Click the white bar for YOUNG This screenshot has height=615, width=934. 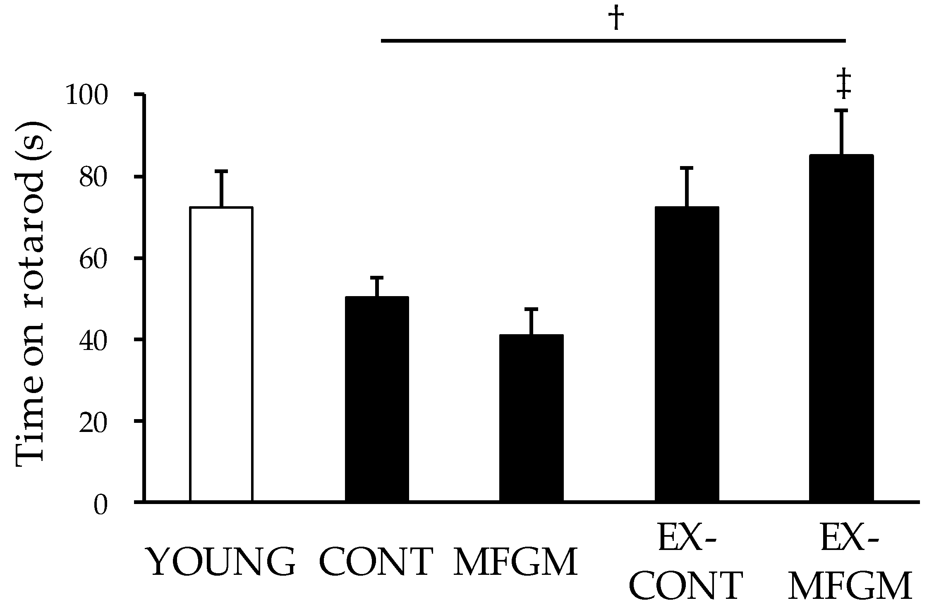point(221,354)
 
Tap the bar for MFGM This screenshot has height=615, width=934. point(531,418)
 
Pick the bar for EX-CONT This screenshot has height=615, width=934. point(687,354)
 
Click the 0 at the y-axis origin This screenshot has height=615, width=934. point(101,505)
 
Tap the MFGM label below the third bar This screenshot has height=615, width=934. point(516,562)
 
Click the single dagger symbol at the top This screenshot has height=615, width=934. point(616,19)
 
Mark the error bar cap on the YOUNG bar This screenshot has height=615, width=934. point(221,171)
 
